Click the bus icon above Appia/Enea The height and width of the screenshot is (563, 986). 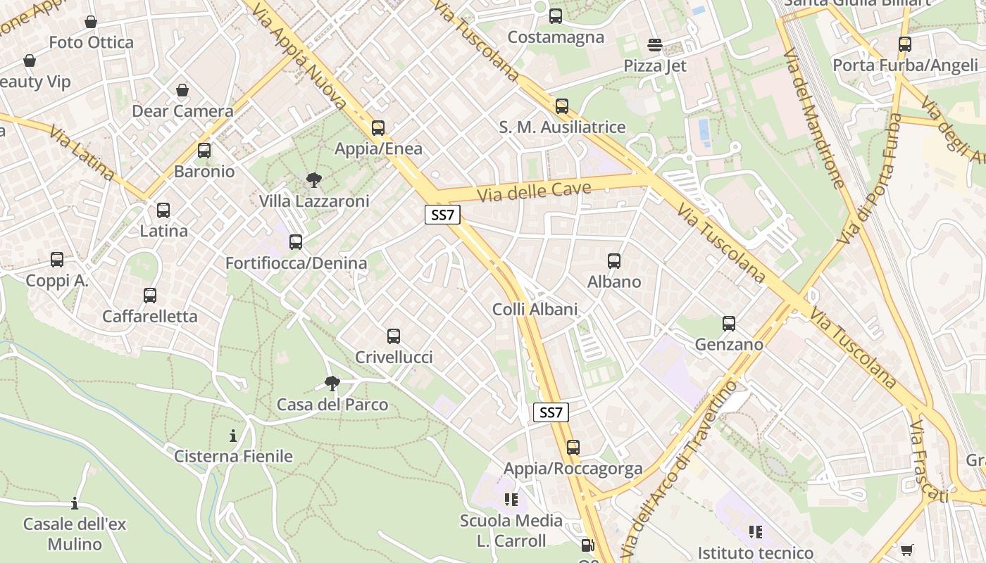click(378, 127)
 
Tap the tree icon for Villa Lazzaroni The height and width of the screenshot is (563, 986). click(314, 180)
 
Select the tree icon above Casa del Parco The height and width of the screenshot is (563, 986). click(332, 384)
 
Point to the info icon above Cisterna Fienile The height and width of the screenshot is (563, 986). click(233, 436)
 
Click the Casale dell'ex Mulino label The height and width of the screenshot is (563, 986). click(74, 534)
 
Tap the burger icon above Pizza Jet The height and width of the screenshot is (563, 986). click(655, 45)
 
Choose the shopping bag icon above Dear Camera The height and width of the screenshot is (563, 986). click(182, 90)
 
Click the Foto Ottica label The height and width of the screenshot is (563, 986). click(91, 43)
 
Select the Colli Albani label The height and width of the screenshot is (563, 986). click(535, 310)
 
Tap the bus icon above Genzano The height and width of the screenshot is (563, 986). click(729, 324)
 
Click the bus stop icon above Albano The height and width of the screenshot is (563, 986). click(614, 261)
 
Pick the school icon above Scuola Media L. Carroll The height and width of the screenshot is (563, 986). click(511, 500)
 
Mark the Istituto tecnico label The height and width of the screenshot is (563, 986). click(755, 553)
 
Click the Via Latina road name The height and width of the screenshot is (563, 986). click(82, 153)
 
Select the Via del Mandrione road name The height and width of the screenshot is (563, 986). click(813, 118)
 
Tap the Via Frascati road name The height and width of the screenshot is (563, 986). click(928, 461)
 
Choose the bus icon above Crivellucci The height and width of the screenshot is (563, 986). click(394, 336)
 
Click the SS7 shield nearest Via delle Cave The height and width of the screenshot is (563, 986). click(442, 215)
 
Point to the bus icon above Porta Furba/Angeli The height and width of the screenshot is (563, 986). click(905, 44)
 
